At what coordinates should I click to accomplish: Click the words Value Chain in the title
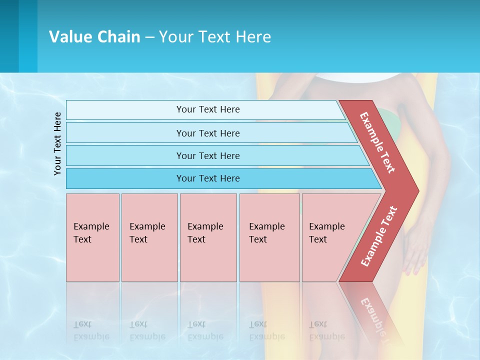94,37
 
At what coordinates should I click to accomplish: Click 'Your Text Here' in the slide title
215,37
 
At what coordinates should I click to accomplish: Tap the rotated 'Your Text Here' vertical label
58,143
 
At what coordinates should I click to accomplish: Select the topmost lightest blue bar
207,109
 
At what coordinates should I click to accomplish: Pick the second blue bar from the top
207,133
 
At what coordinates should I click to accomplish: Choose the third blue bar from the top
207,155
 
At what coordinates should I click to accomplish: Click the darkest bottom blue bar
207,178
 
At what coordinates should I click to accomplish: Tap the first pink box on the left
92,237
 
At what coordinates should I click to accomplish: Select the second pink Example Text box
149,237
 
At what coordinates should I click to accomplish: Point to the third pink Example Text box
207,237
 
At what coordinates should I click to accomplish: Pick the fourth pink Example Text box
269,237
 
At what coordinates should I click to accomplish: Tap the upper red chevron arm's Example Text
377,142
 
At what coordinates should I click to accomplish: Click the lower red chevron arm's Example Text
379,236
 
